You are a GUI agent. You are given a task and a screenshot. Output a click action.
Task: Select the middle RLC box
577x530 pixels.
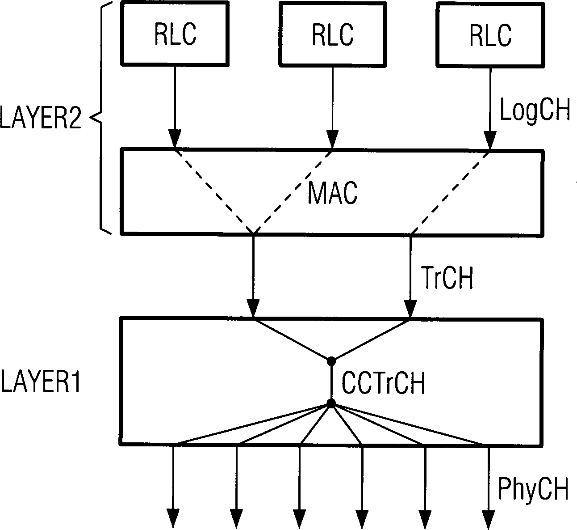pos(332,34)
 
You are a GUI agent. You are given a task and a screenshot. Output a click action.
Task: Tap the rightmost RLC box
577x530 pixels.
pos(489,34)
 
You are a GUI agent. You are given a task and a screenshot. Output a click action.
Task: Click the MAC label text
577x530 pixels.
pos(333,193)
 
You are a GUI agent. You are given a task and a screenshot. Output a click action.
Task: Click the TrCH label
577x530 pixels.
pos(447,278)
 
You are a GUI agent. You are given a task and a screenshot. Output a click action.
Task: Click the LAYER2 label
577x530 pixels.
pos(41,119)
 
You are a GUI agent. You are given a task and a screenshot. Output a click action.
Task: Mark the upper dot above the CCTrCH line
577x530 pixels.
pos(331,360)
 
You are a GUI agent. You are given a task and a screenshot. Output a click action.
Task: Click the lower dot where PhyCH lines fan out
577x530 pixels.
pos(331,404)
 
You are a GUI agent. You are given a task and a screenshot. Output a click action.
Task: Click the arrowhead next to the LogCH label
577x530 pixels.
pos(490,140)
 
